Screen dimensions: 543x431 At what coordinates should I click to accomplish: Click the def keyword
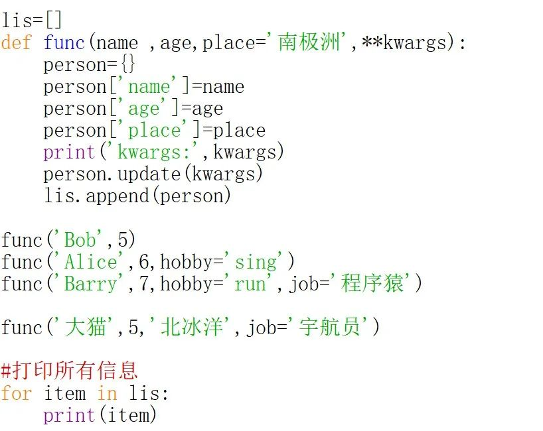(x=16, y=43)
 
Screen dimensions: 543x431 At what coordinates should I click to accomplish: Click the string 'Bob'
(x=79, y=240)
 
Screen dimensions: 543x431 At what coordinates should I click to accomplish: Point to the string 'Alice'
(x=90, y=262)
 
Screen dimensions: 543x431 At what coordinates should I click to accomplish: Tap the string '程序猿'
(x=372, y=284)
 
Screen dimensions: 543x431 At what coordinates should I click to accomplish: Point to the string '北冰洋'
(x=192, y=328)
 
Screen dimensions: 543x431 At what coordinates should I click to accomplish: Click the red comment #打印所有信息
(x=69, y=370)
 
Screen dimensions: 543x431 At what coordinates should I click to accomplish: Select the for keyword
(x=16, y=393)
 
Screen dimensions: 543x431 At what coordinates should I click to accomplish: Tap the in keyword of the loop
(x=107, y=393)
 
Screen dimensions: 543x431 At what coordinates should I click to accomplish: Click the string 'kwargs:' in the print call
(x=154, y=153)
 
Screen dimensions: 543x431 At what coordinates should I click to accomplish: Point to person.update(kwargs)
(x=153, y=174)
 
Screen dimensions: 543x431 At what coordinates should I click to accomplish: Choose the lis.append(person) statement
(x=137, y=196)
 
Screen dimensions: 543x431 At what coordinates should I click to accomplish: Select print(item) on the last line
(x=100, y=415)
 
